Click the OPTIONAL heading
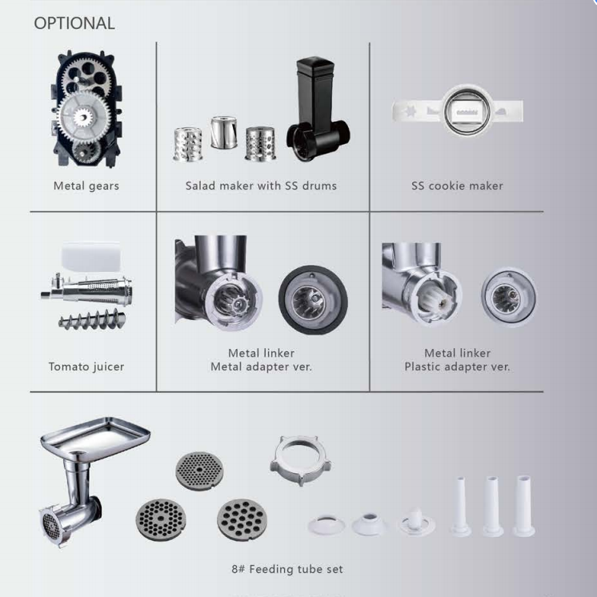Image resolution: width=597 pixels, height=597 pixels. tap(74, 23)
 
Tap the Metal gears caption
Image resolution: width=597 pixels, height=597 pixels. tap(86, 186)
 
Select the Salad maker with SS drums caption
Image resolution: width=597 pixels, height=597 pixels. tap(261, 186)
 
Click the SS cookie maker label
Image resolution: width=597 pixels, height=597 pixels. tap(457, 186)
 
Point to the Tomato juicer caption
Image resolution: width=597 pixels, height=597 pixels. tap(86, 367)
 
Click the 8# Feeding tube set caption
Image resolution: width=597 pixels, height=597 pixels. tap(286, 569)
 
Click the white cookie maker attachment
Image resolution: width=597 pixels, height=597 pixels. tap(457, 110)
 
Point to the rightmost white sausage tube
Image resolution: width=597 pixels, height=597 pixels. tap(525, 504)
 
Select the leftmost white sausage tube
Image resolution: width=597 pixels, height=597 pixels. tap(462, 506)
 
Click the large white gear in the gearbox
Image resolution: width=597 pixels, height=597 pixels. tap(84, 118)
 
